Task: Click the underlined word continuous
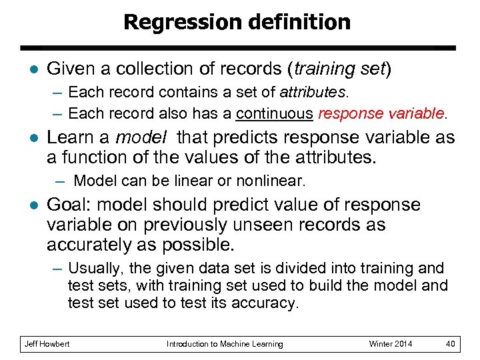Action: [274, 113]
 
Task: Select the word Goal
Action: [69, 205]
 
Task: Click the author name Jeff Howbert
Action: [47, 344]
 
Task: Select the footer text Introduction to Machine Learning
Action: [225, 344]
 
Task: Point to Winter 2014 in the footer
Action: [391, 344]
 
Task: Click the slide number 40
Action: [451, 344]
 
